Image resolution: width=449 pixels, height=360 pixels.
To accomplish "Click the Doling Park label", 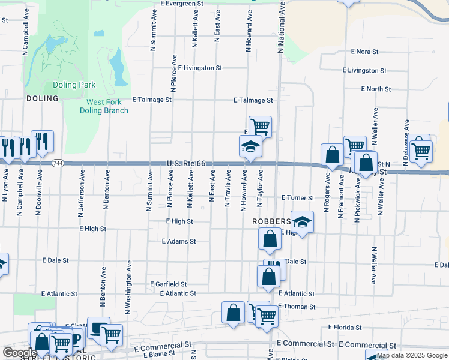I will click(73, 85).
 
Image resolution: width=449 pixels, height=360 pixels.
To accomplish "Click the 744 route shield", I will click(58, 163).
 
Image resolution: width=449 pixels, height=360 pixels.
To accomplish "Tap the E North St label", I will click(376, 89).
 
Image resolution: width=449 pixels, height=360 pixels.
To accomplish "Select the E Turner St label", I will click(298, 197).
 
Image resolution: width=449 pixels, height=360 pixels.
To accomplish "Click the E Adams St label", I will click(179, 241).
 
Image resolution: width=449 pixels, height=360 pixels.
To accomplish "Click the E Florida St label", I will click(345, 328).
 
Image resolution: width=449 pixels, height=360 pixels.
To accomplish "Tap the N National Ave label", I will click(280, 27).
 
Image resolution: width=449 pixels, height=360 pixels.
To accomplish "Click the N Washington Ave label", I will click(128, 287).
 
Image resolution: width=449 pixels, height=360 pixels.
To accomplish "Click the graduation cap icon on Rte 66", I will click(250, 146).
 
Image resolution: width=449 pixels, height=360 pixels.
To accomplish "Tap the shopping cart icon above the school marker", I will click(261, 127).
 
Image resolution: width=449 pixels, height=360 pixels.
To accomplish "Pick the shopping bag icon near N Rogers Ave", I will click(332, 155).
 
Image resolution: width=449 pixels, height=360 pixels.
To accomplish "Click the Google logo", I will click(20, 353).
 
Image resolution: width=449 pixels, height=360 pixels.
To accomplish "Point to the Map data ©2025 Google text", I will click(411, 355).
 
